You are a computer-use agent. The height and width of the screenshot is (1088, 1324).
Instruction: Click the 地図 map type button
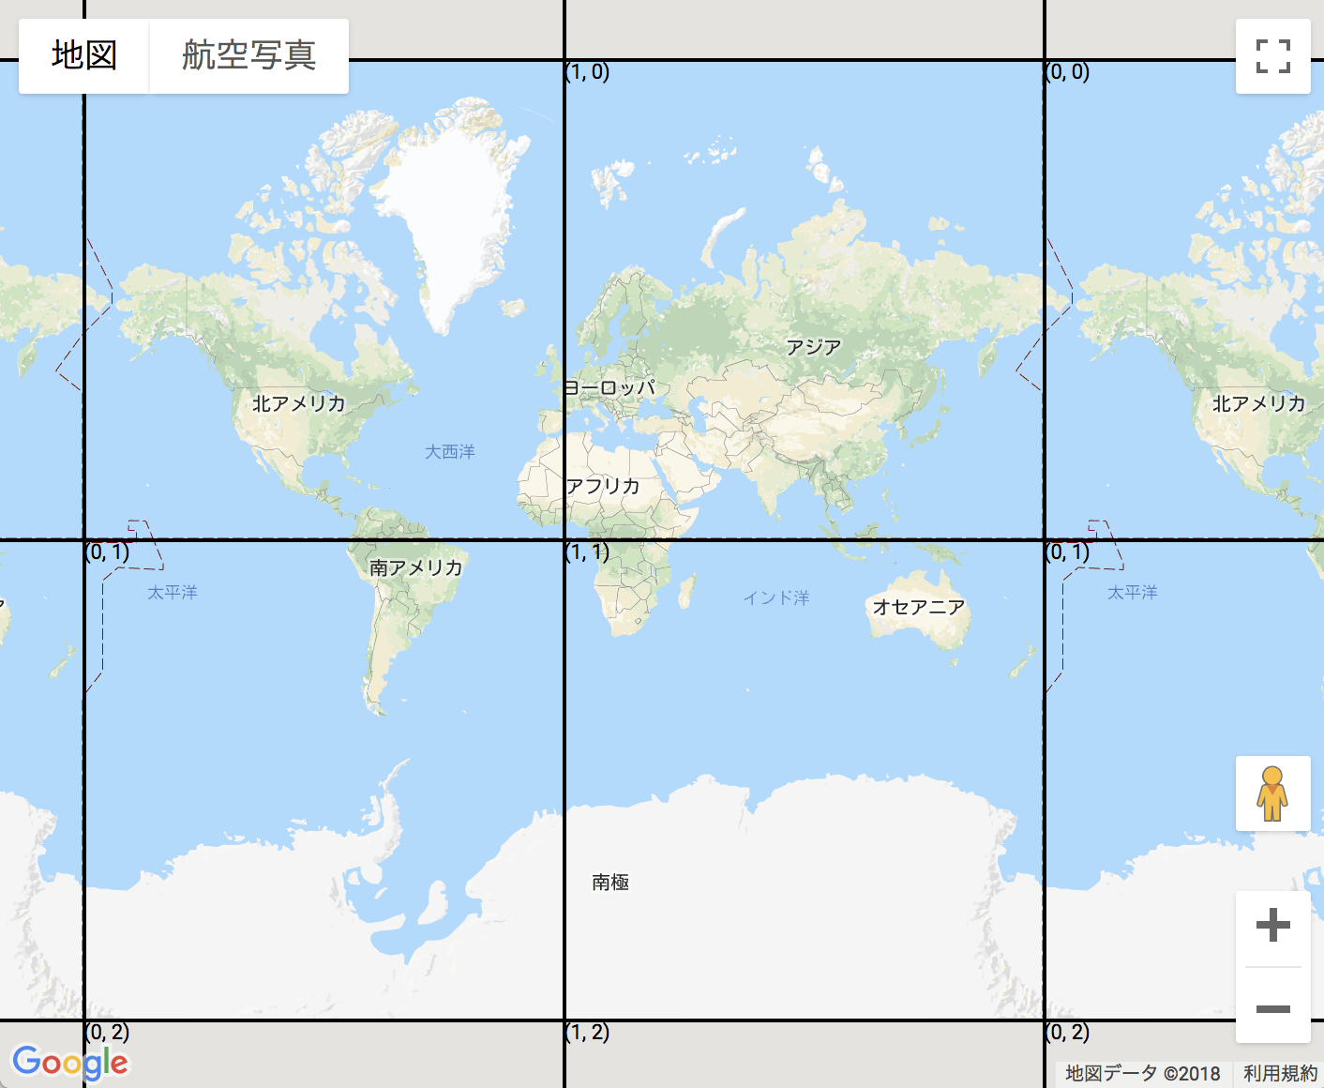click(84, 55)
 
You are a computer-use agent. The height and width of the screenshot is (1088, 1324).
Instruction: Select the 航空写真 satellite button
click(248, 55)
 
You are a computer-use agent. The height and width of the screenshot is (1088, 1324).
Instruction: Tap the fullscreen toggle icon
click(1272, 56)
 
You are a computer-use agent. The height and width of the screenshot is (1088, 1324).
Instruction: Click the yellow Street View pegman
click(1272, 793)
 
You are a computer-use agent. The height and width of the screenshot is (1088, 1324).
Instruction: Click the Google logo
click(70, 1063)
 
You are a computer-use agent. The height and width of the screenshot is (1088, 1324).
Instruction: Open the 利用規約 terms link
click(1280, 1073)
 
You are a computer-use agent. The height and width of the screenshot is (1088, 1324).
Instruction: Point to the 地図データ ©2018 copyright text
click(1142, 1073)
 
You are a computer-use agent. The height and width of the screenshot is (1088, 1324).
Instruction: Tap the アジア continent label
click(813, 347)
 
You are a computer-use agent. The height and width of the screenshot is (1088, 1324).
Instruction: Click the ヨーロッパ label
click(609, 387)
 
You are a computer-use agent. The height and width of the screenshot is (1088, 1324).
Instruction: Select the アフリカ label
click(603, 486)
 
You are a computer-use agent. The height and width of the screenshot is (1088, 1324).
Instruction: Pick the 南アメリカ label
click(415, 567)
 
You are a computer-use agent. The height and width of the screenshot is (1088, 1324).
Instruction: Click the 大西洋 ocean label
click(450, 452)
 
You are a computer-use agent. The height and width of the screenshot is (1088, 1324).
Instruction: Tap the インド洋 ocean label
click(776, 597)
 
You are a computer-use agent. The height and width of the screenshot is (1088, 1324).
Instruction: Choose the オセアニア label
click(919, 607)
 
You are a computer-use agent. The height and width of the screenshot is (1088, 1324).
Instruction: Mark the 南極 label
click(610, 882)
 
